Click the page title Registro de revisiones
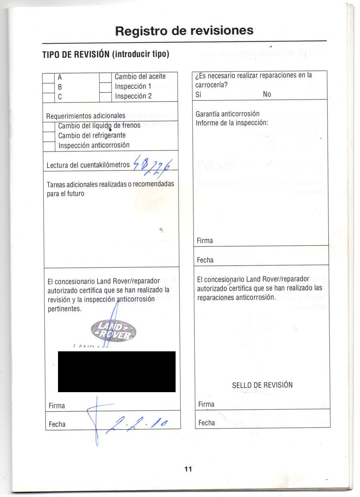tap(184, 31)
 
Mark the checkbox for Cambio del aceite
tap(105, 77)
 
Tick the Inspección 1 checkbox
tap(105, 87)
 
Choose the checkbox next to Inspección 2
tap(105, 97)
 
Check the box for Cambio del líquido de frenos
tap(49, 126)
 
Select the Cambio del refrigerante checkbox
tap(49, 136)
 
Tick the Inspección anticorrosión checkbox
tap(49, 146)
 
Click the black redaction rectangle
tap(116, 371)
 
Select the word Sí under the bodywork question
tap(198, 94)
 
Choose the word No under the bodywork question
tap(267, 94)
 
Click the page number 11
tap(188, 469)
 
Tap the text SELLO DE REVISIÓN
tap(262, 385)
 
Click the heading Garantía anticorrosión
tap(228, 114)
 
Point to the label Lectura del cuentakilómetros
tap(88, 165)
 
